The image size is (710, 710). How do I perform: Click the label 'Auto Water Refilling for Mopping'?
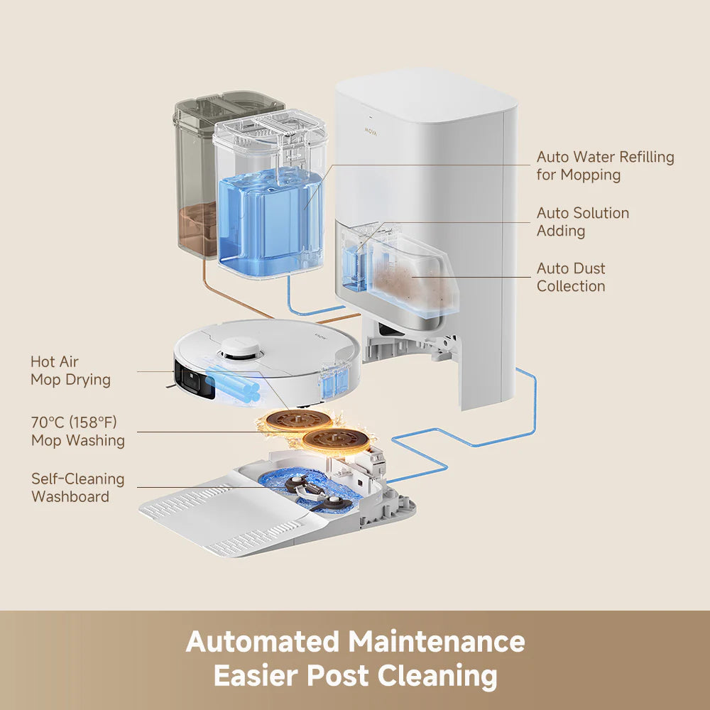point(605,165)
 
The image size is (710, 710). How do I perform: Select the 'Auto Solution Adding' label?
point(582,222)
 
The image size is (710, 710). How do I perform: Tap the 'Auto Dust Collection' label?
point(571,277)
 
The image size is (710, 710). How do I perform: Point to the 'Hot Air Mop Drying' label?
point(70,371)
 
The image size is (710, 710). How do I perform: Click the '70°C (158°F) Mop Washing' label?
point(77,431)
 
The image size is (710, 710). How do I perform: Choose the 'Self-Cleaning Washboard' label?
point(77,487)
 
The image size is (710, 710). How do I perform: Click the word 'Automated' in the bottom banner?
point(262,642)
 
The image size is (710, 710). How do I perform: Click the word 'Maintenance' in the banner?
point(436,642)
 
